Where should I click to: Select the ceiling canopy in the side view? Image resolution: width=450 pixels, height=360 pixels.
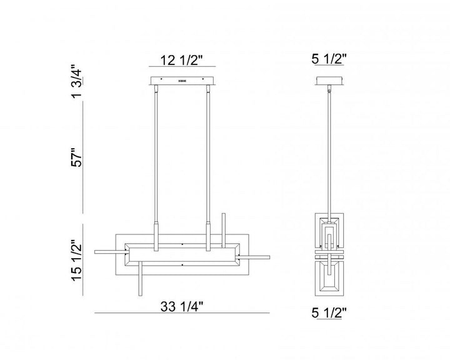329,81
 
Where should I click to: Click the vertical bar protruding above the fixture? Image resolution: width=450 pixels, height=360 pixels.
224,226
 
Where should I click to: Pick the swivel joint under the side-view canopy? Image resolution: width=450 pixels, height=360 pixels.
330,90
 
